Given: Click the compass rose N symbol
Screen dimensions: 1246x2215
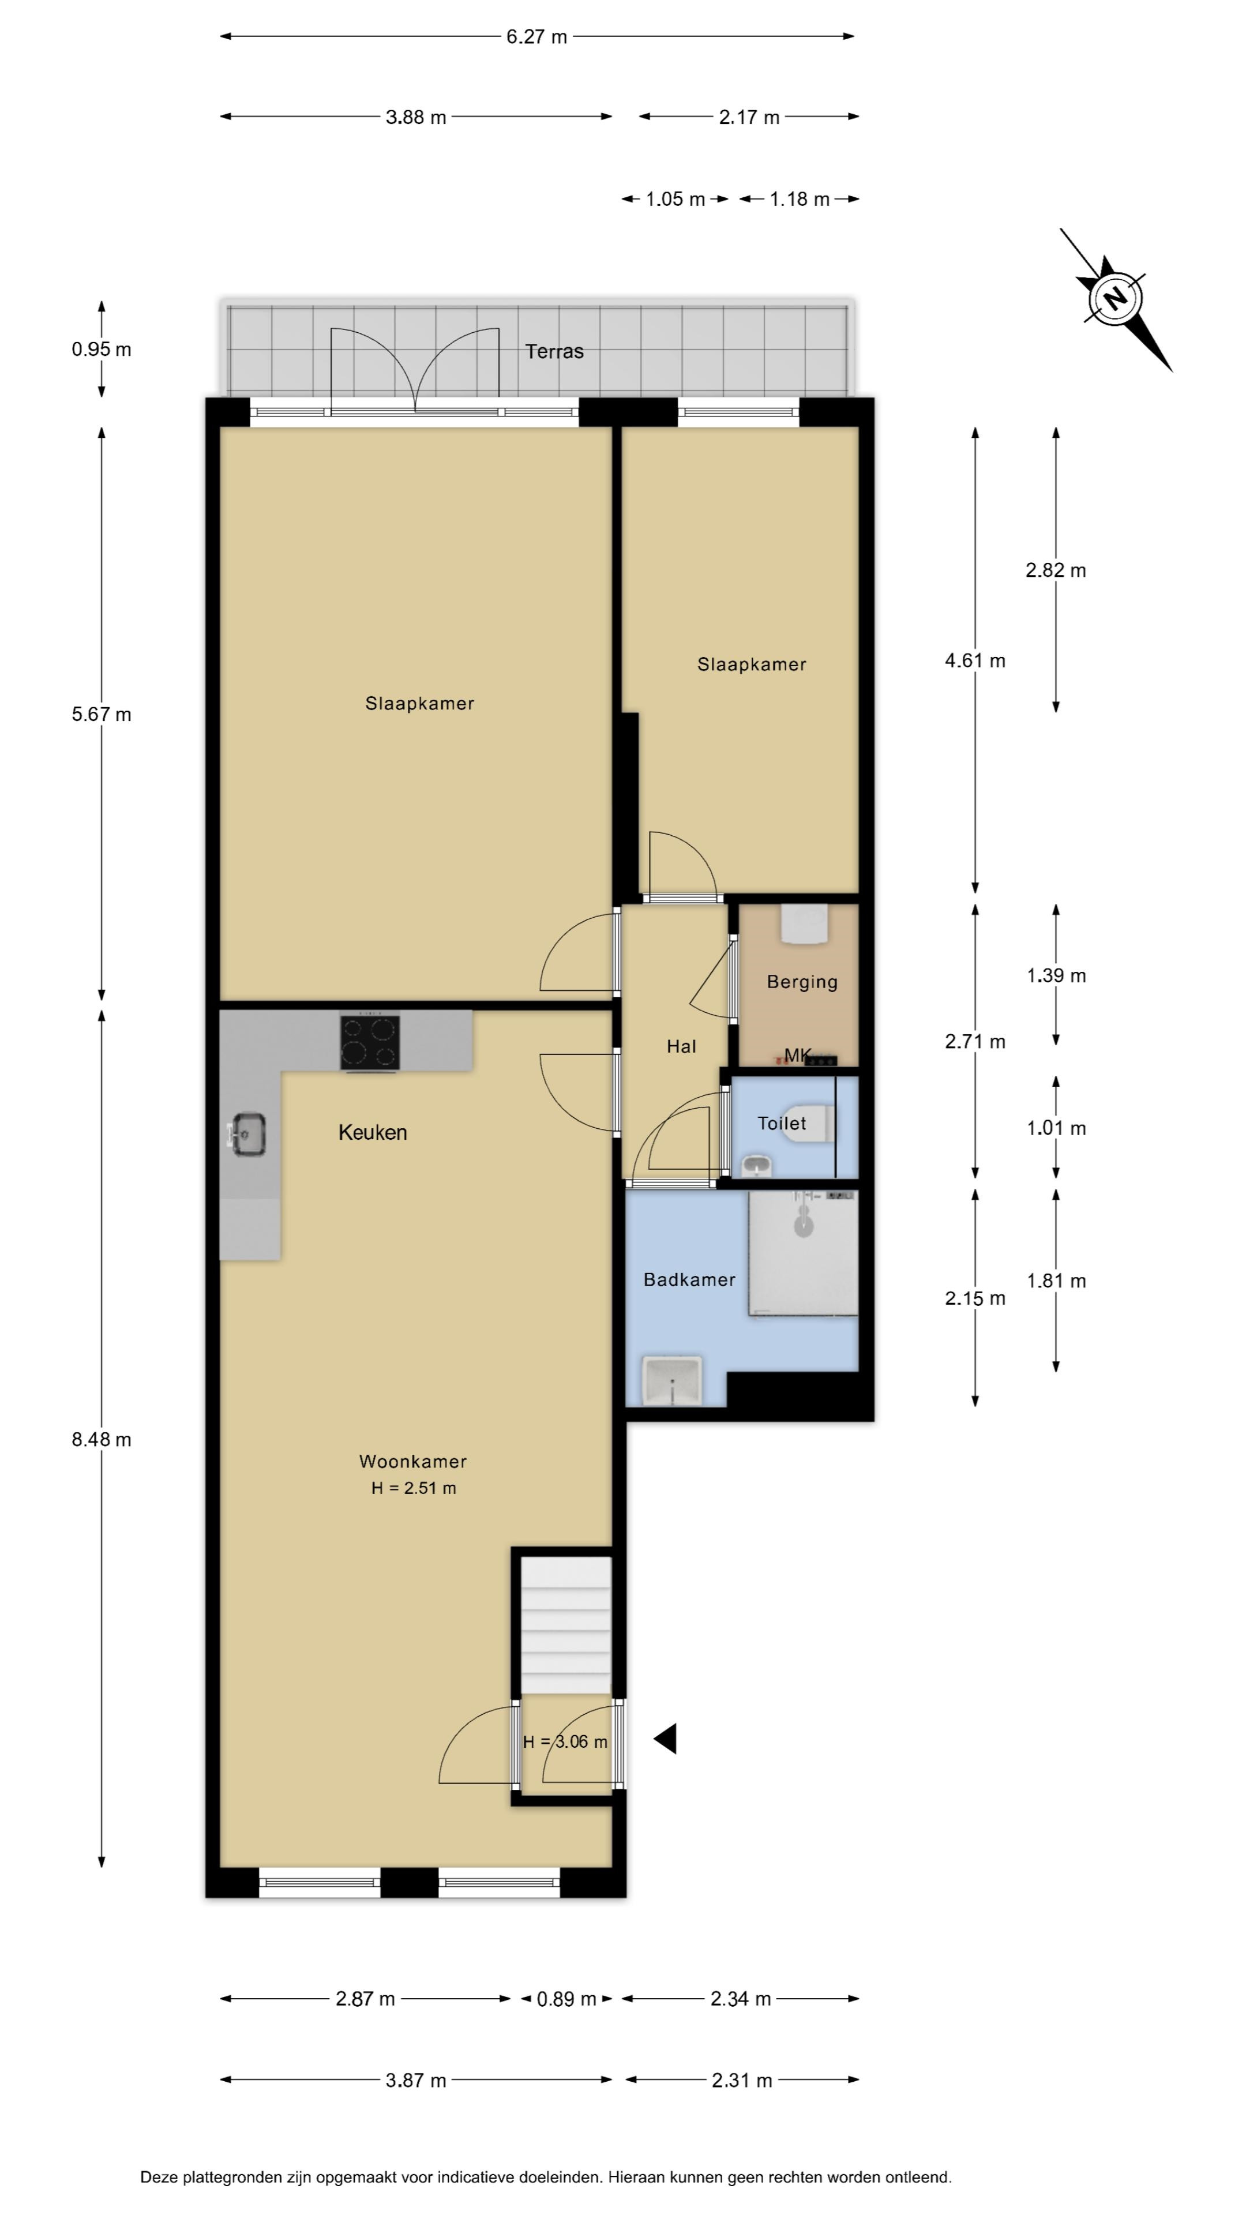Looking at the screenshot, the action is pyautogui.click(x=1115, y=299).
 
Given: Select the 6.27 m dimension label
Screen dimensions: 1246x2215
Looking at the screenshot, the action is pyautogui.click(x=536, y=37).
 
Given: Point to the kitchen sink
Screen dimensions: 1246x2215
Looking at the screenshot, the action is pyautogui.click(x=247, y=1134).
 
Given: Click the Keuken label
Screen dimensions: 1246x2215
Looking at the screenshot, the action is pyautogui.click(x=372, y=1132).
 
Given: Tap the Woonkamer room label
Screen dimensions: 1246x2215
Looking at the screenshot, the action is pyautogui.click(x=413, y=1461).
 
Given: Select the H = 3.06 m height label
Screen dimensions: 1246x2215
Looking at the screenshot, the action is pyautogui.click(x=565, y=1741).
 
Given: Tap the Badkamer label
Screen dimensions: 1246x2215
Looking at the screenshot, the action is pyautogui.click(x=689, y=1279).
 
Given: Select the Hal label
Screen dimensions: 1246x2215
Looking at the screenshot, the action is pyautogui.click(x=681, y=1046).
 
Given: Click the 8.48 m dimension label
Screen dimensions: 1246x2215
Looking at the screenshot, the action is pyautogui.click(x=102, y=1439).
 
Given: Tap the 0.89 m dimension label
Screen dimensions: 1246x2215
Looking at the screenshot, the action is pyautogui.click(x=566, y=1999).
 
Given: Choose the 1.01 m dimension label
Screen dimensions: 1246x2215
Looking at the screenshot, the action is pyautogui.click(x=1056, y=1128).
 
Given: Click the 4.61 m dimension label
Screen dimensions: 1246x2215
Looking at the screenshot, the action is pyautogui.click(x=975, y=660).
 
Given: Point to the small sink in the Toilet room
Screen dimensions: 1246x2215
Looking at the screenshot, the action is pyautogui.click(x=757, y=1166).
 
